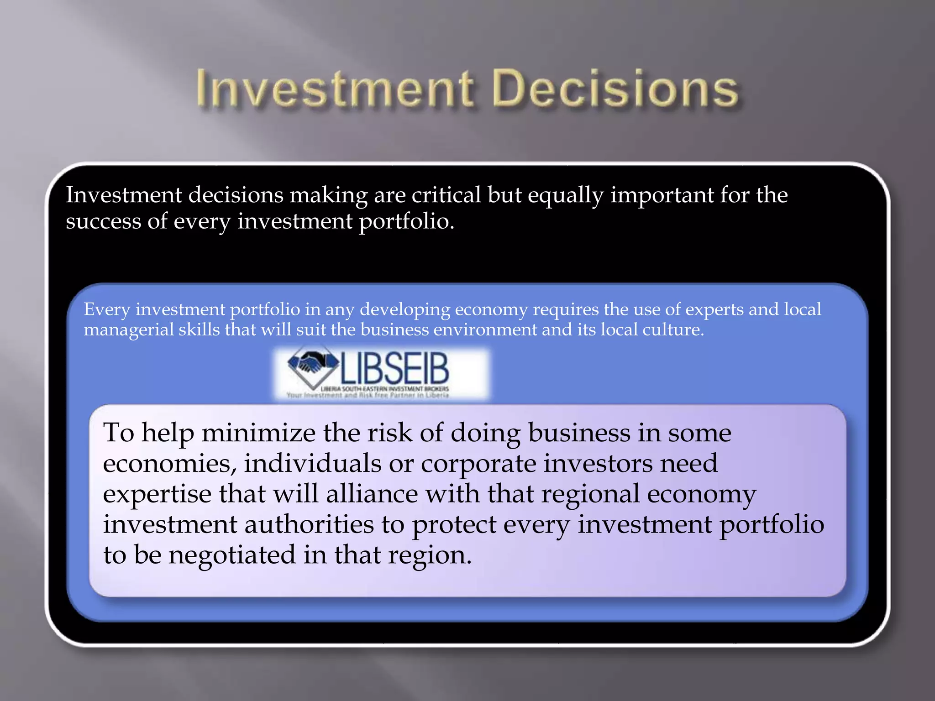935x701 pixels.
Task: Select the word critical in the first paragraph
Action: coord(446,195)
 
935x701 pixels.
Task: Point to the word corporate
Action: coord(478,464)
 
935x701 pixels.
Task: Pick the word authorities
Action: coord(309,525)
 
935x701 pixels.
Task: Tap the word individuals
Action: coord(313,464)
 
